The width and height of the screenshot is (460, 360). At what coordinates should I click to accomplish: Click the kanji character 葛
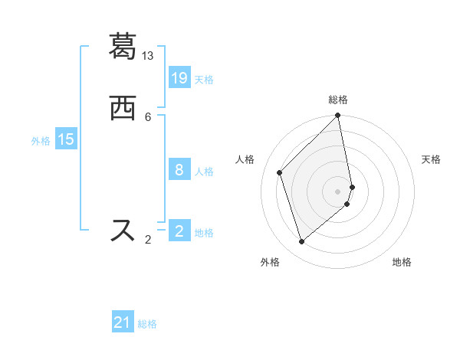coord(123,46)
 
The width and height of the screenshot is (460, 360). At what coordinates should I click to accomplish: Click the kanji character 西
coord(123,109)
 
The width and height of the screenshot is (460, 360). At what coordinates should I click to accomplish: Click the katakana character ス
coord(123,230)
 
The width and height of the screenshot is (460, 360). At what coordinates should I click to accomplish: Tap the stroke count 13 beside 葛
coord(148,56)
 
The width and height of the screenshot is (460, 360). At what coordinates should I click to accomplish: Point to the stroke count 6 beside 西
coord(148,116)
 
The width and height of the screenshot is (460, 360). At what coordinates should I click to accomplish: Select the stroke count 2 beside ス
coord(148,240)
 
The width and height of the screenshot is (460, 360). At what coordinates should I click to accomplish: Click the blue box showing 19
coord(179,77)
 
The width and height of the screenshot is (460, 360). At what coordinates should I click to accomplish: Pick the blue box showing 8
coord(179,170)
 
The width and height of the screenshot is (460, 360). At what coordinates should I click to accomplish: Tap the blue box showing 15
coord(66,139)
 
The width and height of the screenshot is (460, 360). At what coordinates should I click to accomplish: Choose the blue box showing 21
coord(123,323)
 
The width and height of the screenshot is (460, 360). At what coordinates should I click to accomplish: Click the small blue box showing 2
coord(179,231)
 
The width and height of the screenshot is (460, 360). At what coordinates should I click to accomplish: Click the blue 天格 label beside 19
coord(204,79)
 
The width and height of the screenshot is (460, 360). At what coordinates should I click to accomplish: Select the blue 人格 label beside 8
coord(204,172)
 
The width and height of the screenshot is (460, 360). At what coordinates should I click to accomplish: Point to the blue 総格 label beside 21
coord(147,324)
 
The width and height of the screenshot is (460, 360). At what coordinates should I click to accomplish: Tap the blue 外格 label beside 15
coord(41,141)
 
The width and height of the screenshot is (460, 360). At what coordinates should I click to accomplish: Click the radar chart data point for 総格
coord(338,116)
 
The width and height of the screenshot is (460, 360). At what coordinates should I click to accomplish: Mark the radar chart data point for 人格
coord(280,172)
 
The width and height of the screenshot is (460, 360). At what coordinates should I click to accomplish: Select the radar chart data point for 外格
coord(302,242)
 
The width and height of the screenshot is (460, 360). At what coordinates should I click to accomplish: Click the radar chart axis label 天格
coord(431,159)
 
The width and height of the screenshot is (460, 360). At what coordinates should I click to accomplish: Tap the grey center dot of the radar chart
coord(338,191)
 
